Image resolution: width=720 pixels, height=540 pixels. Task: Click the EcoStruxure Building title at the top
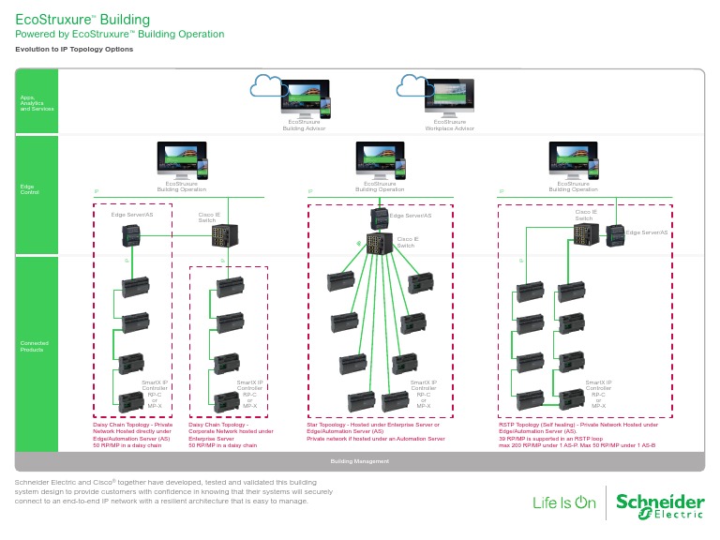pyautogui.click(x=82, y=19)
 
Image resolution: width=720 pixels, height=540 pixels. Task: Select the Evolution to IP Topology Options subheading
pyautogui.click(x=74, y=49)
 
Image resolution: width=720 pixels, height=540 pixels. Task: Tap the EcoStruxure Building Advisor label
pyautogui.click(x=304, y=125)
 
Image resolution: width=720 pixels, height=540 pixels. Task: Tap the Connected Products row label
pyautogui.click(x=35, y=345)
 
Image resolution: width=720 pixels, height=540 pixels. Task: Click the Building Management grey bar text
pyautogui.click(x=359, y=461)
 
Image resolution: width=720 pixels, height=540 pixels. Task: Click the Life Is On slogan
pyautogui.click(x=563, y=502)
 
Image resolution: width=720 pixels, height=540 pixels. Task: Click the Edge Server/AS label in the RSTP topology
pyautogui.click(x=647, y=232)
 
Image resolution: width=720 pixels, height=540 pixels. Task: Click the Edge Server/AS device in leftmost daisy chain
pyautogui.click(x=130, y=238)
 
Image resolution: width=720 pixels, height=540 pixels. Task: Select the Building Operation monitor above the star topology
pyautogui.click(x=380, y=157)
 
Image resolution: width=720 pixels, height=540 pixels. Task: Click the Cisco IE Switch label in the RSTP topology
pyautogui.click(x=587, y=215)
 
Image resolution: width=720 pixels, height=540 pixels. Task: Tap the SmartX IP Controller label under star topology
pyautogui.click(x=423, y=394)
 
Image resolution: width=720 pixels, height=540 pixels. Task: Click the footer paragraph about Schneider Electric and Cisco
pyautogui.click(x=174, y=491)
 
